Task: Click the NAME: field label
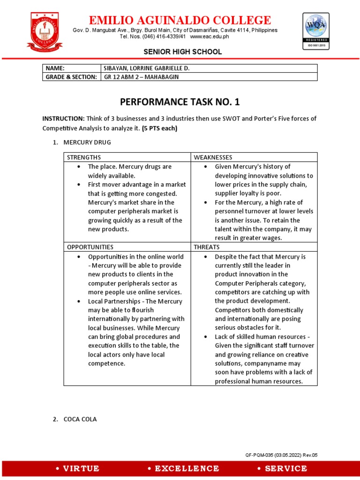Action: [x=55, y=68]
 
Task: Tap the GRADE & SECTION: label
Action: [x=71, y=77]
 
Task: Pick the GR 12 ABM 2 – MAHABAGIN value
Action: [x=141, y=77]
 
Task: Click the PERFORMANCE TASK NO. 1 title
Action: [x=180, y=102]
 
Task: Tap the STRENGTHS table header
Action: [x=84, y=157]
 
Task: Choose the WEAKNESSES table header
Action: [x=213, y=157]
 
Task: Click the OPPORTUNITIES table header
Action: [x=90, y=247]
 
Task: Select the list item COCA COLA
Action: [x=80, y=420]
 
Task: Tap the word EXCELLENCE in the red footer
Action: [x=183, y=468]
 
